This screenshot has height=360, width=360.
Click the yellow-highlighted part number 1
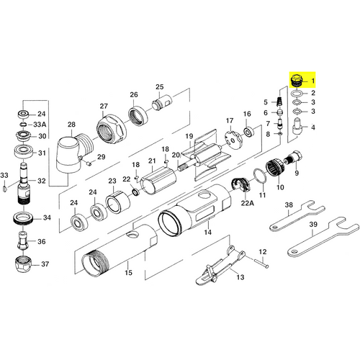click(296, 81)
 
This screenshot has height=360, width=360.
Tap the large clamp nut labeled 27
click(112, 129)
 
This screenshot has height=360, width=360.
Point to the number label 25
click(160, 87)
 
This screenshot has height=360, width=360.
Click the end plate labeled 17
click(233, 140)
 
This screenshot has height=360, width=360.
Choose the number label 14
click(208, 232)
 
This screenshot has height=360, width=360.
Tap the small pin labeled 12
click(262, 264)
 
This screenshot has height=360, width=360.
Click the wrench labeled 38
click(297, 216)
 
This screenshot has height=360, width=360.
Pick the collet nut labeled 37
click(24, 265)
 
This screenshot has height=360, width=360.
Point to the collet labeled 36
click(23, 240)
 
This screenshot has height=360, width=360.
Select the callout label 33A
click(40, 125)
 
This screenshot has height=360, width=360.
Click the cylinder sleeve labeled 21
click(158, 181)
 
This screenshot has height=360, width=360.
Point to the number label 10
click(280, 187)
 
